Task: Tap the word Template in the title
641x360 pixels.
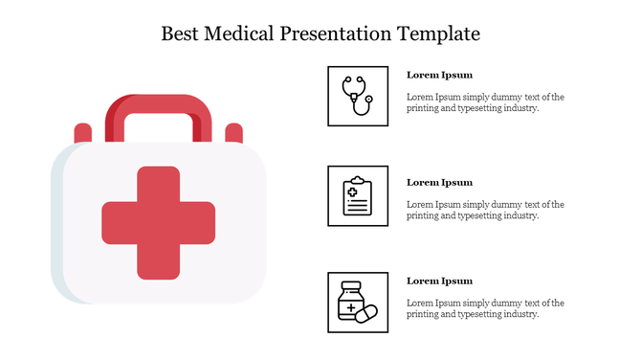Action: (437, 34)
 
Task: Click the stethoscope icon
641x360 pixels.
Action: (357, 96)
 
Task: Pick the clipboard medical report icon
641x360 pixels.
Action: (357, 196)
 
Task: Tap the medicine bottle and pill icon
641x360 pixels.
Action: (357, 302)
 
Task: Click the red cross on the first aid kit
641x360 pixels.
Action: (159, 222)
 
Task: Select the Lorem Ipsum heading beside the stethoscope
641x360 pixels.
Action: (439, 75)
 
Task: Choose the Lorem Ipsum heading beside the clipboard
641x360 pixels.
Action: (439, 182)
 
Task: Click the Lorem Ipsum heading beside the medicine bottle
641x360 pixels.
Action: (439, 281)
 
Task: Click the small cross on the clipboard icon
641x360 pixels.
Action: (351, 191)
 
